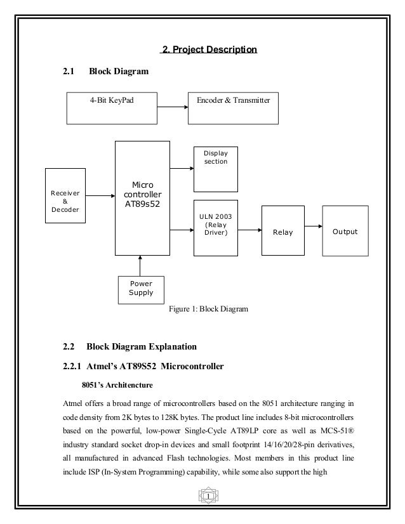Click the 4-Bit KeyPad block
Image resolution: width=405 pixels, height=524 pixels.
click(111, 107)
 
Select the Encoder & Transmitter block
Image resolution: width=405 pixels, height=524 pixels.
click(234, 107)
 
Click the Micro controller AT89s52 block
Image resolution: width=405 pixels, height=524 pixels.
click(142, 197)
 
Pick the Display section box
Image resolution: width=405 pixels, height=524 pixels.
click(215, 169)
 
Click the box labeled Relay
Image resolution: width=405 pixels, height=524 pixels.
click(282, 232)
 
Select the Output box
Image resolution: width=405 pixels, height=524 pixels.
click(345, 232)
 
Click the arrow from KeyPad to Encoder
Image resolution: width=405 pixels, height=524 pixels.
click(173, 107)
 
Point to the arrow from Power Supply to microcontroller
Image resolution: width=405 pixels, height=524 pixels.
click(140, 265)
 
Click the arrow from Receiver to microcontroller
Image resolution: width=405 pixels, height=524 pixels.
click(100, 196)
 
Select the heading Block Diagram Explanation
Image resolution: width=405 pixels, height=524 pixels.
click(142, 346)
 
